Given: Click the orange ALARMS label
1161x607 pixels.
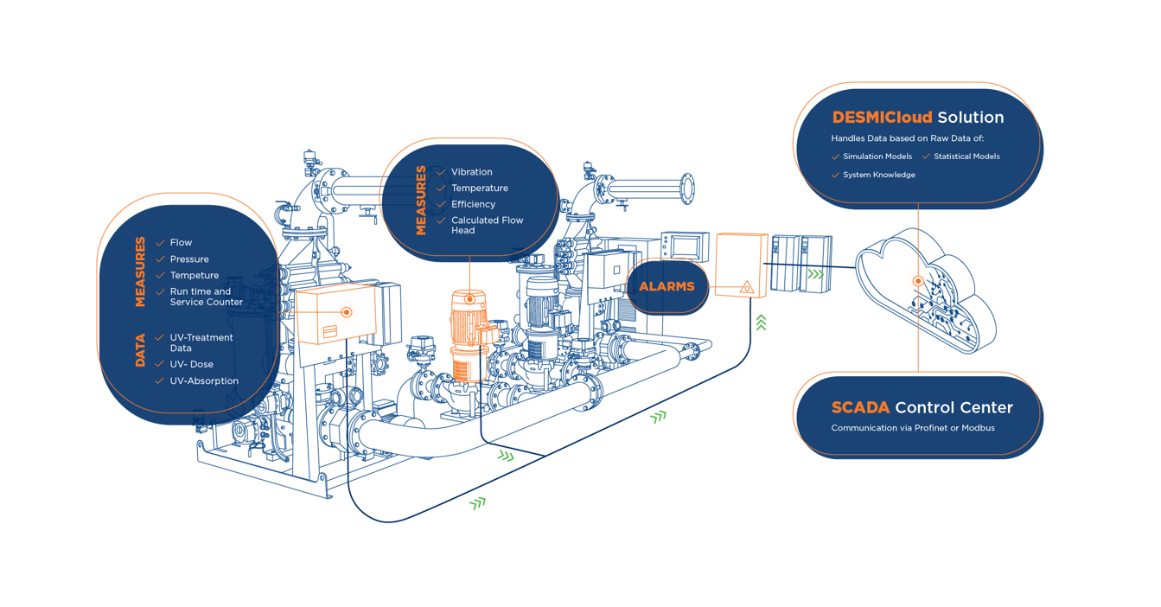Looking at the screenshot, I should click(667, 287).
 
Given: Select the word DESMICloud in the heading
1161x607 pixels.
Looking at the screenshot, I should click(882, 118).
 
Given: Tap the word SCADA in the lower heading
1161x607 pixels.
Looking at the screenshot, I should click(860, 407).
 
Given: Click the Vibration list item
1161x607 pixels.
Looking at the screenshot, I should click(471, 172).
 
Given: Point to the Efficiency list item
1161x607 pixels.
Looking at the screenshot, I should click(473, 204).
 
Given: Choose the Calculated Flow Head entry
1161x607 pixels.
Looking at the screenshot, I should click(487, 226).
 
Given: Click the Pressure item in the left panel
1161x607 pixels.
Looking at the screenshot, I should click(189, 259).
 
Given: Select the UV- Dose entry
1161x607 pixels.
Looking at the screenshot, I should click(191, 364).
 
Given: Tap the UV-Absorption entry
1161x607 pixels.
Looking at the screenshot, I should click(204, 381).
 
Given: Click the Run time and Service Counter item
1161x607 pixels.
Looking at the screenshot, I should click(206, 297).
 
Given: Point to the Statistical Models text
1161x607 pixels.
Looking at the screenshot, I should click(966, 157).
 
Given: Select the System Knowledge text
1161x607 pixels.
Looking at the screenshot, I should click(878, 175).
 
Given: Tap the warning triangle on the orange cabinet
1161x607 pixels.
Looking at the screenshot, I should click(747, 287).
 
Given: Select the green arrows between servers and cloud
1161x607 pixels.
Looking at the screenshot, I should click(815, 274).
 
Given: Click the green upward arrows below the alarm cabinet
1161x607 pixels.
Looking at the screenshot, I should click(761, 323).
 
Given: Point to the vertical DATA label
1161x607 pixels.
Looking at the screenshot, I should click(140, 351).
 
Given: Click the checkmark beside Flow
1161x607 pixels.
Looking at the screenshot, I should click(160, 243).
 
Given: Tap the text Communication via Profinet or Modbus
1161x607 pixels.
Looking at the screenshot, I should click(912, 428).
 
